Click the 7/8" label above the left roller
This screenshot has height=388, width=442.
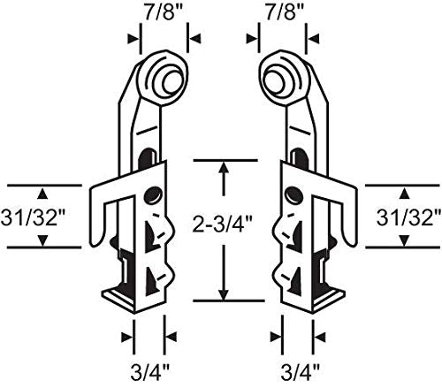point(164,12)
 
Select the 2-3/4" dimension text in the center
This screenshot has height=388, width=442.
point(223,223)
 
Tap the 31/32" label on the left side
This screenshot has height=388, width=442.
point(33,218)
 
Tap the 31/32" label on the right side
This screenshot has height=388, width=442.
point(408,218)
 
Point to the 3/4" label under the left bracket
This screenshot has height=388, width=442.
point(150,372)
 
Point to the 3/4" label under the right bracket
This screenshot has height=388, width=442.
point(300,372)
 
